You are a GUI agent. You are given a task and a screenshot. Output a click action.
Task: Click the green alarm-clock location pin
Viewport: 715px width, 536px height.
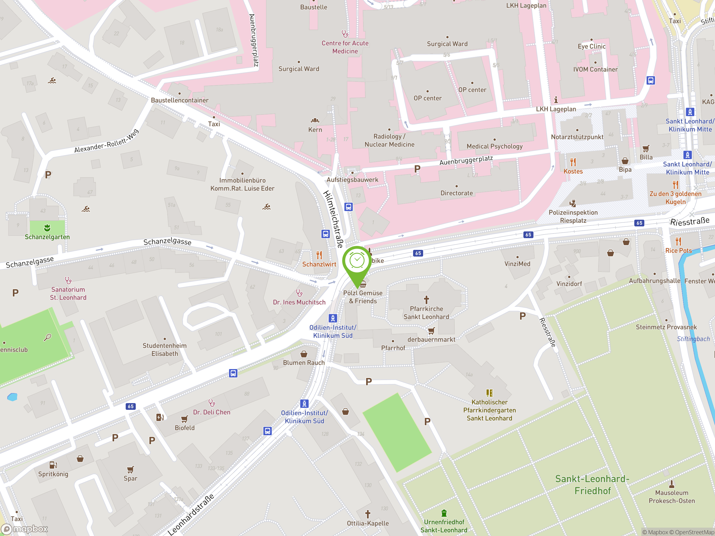pyautogui.click(x=357, y=261)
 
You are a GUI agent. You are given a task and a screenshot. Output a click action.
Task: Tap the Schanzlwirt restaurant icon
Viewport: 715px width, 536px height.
pyautogui.click(x=319, y=255)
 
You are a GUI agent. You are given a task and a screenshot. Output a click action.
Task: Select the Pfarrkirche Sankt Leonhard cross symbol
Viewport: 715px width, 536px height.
pyautogui.click(x=426, y=300)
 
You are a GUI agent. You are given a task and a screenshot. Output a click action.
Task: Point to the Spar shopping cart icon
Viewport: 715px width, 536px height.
pyautogui.click(x=130, y=470)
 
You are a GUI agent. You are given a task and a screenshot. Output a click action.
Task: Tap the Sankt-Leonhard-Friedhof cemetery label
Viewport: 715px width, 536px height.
pyautogui.click(x=592, y=485)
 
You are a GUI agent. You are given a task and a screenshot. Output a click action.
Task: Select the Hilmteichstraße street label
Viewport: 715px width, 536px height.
pyautogui.click(x=333, y=219)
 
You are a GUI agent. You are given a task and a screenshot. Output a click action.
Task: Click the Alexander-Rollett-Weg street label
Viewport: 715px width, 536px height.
pyautogui.click(x=106, y=141)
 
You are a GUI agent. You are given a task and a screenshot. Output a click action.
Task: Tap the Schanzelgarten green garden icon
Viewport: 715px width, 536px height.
pyautogui.click(x=47, y=228)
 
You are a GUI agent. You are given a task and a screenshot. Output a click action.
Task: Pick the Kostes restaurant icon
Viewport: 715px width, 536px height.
pyautogui.click(x=573, y=162)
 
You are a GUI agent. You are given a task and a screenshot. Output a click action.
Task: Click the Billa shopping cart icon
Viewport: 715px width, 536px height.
pyautogui.click(x=646, y=149)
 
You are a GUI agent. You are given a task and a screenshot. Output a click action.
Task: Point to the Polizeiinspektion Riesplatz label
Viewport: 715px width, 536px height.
pyautogui.click(x=573, y=216)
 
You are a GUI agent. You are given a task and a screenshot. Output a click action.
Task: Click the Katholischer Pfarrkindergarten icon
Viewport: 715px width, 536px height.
pyautogui.click(x=489, y=393)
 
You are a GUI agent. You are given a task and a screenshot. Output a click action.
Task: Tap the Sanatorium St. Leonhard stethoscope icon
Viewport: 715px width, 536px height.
pyautogui.click(x=68, y=280)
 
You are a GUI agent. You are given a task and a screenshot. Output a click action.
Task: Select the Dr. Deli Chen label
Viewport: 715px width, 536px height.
pyautogui.click(x=212, y=412)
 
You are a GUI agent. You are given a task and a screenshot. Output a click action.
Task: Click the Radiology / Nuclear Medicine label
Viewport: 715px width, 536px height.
pyautogui.click(x=390, y=140)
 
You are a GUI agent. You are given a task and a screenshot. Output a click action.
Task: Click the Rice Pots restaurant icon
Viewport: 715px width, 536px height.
pyautogui.click(x=678, y=241)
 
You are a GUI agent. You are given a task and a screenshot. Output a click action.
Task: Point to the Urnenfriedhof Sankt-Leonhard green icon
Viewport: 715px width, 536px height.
pyautogui.click(x=444, y=513)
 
